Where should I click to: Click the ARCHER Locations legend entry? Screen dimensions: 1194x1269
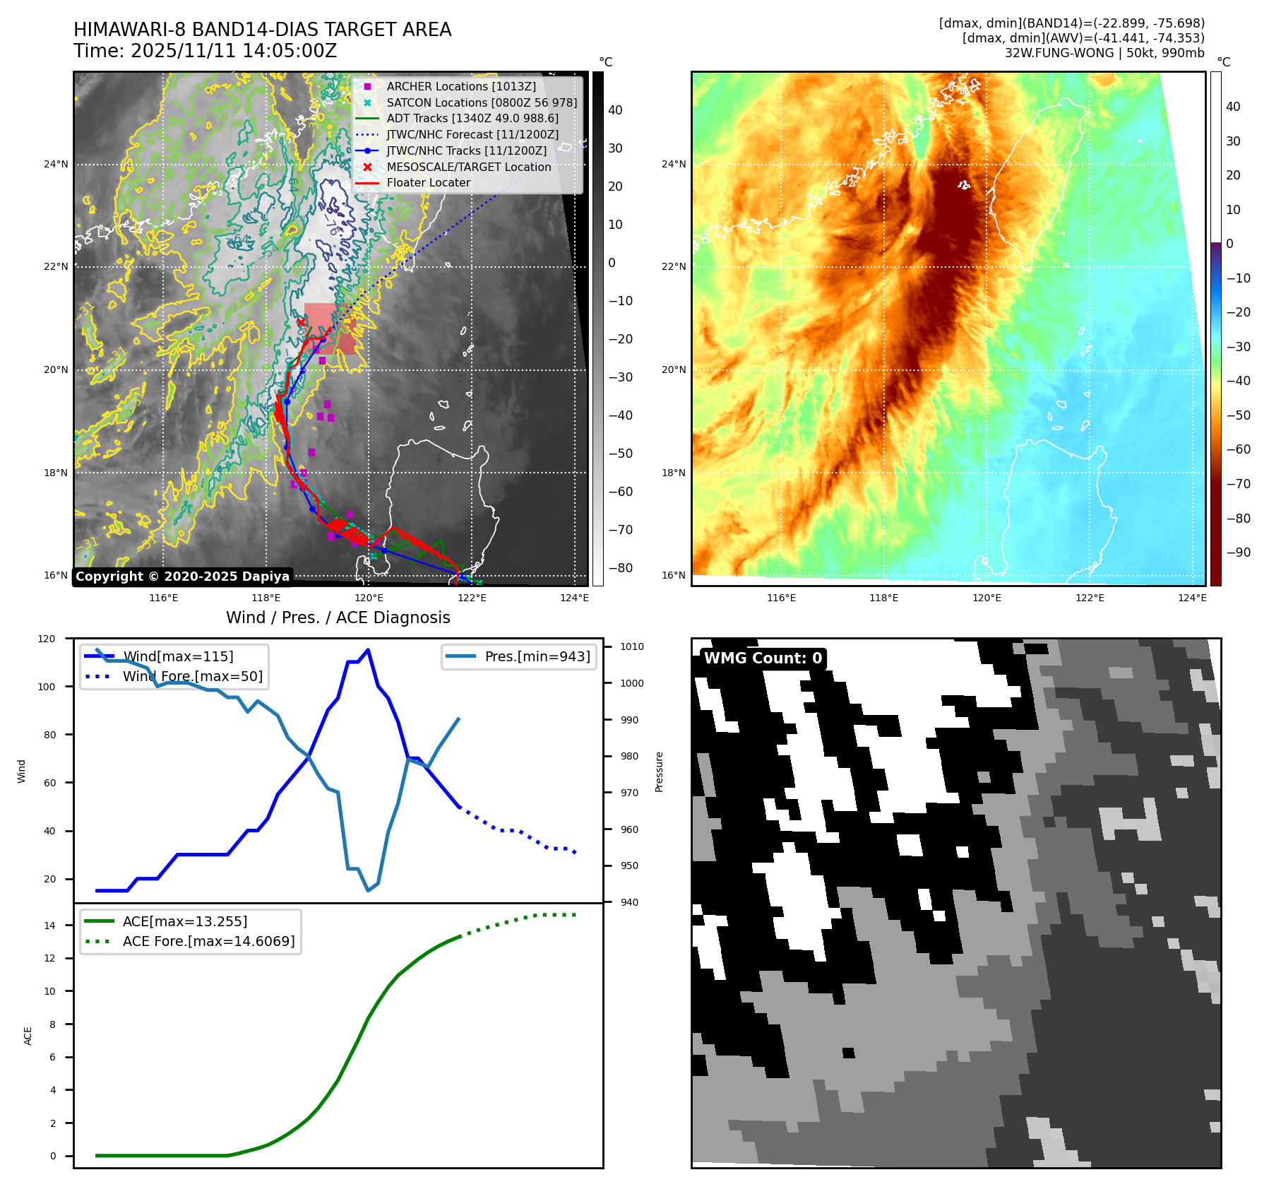coord(460,86)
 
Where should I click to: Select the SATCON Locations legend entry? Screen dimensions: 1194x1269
coord(481,102)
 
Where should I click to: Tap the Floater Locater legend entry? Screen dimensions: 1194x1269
coord(428,182)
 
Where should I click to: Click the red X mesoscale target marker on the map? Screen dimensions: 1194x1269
coord(302,322)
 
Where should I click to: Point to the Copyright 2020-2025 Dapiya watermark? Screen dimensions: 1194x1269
coord(182,577)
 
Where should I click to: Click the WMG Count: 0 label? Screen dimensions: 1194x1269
coord(763,658)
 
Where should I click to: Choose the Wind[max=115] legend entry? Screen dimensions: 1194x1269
coord(177,656)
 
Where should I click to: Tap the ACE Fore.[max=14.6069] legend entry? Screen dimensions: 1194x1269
coord(208,941)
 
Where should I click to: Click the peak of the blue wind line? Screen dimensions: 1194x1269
coord(368,650)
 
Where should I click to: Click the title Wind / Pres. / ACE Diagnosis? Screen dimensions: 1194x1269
coord(338,617)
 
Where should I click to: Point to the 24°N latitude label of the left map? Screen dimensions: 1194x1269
coord(56,165)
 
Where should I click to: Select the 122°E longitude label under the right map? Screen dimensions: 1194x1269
coord(1089,598)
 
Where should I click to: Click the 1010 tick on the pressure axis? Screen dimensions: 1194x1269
coord(632,646)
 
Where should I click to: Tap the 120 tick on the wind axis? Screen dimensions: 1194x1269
coord(47,639)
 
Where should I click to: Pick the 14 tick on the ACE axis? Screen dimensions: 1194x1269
coord(49,926)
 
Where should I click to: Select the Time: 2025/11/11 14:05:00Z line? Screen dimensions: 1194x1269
coord(205,51)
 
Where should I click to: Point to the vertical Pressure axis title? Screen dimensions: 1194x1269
coord(659,772)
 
